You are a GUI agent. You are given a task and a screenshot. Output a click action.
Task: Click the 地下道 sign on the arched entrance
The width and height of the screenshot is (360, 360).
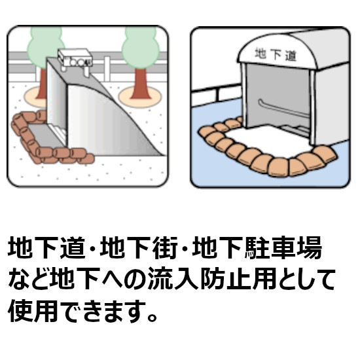click(x=276, y=54)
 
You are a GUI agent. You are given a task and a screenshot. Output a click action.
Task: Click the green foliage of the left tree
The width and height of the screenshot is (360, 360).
click(x=45, y=47)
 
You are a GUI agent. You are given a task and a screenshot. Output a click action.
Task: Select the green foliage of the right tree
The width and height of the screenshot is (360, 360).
click(x=141, y=47)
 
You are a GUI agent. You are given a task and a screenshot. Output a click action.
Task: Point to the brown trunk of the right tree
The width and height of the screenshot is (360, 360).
click(x=141, y=84)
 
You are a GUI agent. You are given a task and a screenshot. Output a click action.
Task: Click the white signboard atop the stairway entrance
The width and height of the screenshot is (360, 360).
click(x=75, y=58)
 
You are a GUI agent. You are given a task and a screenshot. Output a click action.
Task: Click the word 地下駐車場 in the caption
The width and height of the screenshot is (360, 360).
click(x=257, y=248)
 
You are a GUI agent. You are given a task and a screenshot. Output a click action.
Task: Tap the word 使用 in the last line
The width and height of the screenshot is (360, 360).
click(x=33, y=310)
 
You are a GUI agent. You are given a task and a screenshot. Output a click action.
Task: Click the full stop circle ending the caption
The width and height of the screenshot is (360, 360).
click(x=153, y=316)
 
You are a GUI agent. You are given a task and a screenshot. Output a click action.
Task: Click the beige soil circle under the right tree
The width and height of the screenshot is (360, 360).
click(x=141, y=96)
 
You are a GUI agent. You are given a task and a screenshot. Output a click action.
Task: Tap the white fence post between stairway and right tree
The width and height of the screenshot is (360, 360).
click(x=107, y=69)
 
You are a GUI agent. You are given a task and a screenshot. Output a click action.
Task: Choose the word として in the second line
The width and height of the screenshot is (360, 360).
click(x=306, y=279)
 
